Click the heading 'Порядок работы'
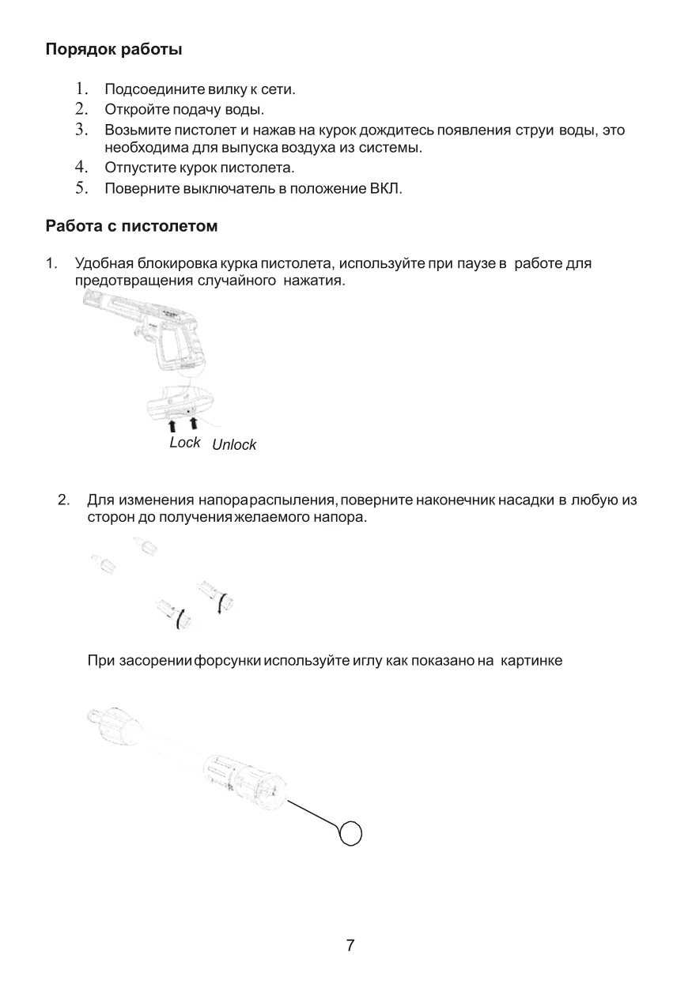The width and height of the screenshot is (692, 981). (x=114, y=50)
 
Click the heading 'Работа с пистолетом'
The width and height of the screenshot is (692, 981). (x=131, y=227)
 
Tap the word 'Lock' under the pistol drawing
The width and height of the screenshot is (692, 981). (x=184, y=443)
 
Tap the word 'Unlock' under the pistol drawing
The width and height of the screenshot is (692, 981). (x=234, y=445)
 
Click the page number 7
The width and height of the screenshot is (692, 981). (x=350, y=945)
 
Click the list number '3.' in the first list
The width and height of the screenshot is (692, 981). (x=81, y=130)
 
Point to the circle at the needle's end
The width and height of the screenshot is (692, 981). (x=350, y=833)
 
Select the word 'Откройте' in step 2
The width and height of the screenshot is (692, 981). (x=131, y=109)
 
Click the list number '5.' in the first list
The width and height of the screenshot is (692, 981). (x=81, y=188)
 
